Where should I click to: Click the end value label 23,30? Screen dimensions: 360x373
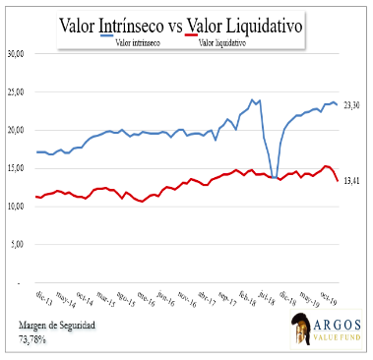(x=351, y=105)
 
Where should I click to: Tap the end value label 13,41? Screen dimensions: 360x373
(x=351, y=181)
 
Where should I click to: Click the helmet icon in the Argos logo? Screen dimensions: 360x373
(x=295, y=329)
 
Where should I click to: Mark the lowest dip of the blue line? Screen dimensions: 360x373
(x=274, y=177)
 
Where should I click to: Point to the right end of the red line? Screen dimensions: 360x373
(x=338, y=181)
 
